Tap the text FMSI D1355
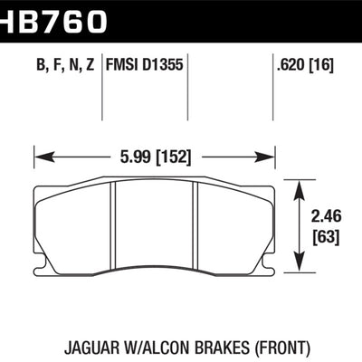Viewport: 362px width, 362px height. click(144, 64)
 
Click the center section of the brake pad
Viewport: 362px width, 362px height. click(154, 226)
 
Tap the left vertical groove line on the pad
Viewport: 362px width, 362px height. click(114, 226)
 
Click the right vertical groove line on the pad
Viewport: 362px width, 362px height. click(195, 226)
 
